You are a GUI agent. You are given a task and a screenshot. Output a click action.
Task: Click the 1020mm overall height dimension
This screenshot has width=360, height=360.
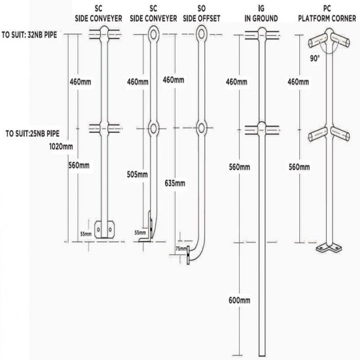[61, 147]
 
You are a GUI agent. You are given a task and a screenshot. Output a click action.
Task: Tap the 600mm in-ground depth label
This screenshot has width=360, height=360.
[239, 300]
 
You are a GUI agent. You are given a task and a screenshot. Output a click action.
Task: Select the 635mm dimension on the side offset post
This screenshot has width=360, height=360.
[175, 183]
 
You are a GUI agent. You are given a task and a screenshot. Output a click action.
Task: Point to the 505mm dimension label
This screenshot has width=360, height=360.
[137, 175]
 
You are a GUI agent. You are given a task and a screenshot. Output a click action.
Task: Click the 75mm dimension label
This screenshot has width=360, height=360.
[181, 249]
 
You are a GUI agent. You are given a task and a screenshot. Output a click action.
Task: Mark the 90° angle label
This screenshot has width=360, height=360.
[315, 58]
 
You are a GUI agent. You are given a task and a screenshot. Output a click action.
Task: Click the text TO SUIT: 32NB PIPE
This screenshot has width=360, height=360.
[29, 35]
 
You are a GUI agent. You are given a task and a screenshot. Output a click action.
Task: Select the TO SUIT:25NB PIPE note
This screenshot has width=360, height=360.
[32, 133]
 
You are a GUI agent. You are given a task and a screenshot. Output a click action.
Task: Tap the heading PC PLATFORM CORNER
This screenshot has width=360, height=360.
[327, 13]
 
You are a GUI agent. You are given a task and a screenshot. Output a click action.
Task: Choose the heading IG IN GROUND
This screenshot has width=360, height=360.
[261, 13]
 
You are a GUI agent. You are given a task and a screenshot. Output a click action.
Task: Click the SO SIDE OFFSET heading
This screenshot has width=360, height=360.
[201, 13]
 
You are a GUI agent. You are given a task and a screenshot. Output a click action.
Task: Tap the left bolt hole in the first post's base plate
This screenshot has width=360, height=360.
[99, 229]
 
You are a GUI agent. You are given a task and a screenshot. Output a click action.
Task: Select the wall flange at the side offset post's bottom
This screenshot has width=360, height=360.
[188, 255]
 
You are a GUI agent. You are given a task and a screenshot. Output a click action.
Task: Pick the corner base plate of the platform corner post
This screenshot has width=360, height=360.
[328, 248]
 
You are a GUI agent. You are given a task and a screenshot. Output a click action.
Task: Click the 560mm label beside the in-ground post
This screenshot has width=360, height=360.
[239, 167]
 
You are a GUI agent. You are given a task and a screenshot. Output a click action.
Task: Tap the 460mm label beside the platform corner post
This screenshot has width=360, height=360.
[298, 82]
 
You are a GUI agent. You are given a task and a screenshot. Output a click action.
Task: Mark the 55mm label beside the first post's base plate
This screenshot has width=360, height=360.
[86, 234]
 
